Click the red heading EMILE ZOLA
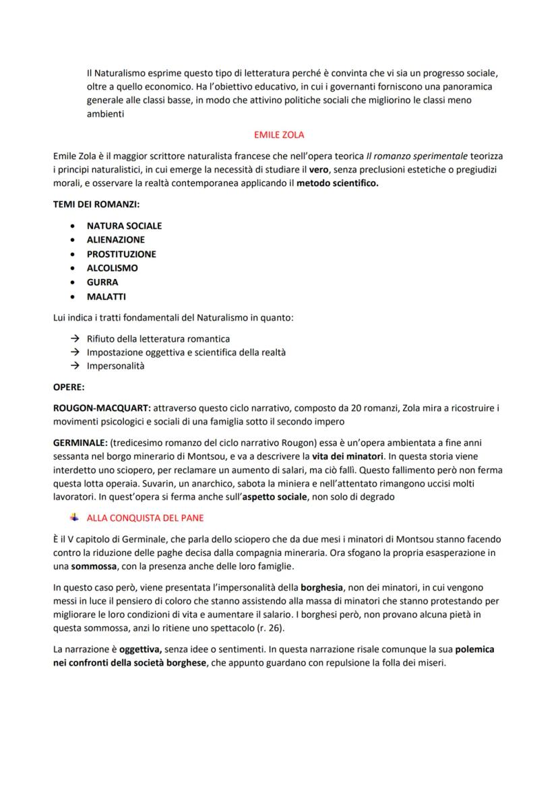[278, 135]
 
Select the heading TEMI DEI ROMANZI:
[96, 203]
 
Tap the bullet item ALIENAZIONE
[115, 239]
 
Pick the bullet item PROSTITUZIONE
[121, 254]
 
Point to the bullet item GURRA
[102, 282]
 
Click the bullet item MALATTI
[106, 296]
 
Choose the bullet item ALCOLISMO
[112, 268]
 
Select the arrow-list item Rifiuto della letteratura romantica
[158, 339]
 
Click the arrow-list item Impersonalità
[115, 367]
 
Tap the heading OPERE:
[69, 387]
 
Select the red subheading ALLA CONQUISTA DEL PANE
[145, 518]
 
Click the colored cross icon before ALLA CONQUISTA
[74, 518]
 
